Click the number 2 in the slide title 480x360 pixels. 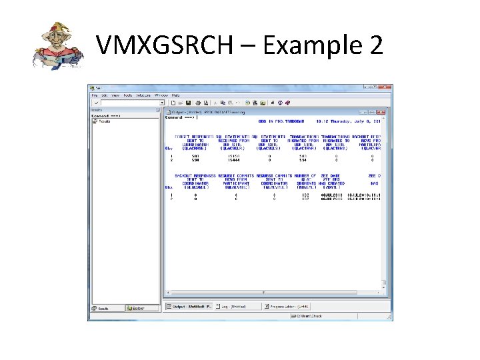pos(374,46)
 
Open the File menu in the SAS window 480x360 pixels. pos(95,95)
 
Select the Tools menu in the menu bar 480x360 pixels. pos(127,95)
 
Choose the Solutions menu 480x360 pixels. pos(143,95)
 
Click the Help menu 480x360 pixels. pos(176,95)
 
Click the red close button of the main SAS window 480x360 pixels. pos(386,87)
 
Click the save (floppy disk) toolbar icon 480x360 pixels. pos(189,103)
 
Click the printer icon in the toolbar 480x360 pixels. pos(197,103)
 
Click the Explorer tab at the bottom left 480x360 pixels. pos(135,309)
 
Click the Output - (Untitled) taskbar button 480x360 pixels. pos(190,307)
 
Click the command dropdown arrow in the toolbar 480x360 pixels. pos(162,103)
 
